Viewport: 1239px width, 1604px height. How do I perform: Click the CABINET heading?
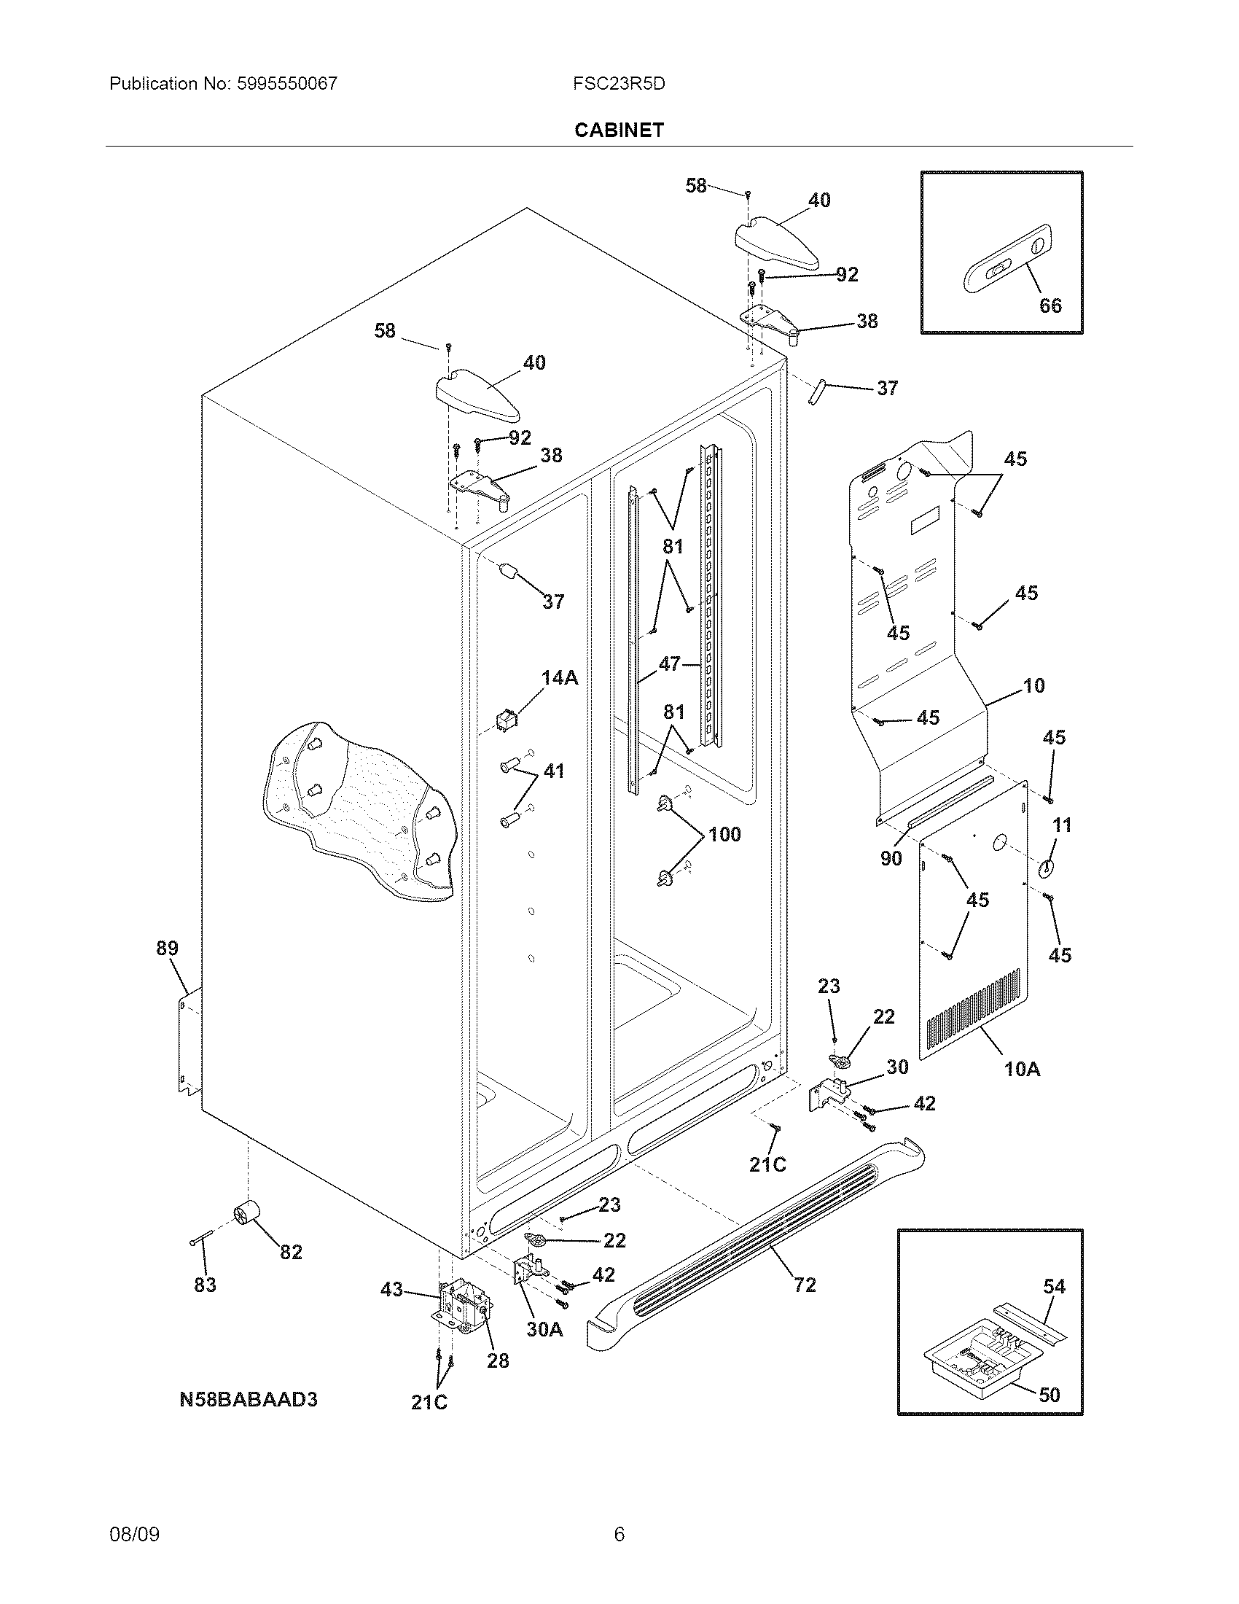click(619, 130)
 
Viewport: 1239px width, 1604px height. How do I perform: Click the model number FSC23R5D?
click(619, 84)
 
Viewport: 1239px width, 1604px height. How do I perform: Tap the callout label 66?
click(1050, 305)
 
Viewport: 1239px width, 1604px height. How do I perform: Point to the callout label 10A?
click(1022, 1070)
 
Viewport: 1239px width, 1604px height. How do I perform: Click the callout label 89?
click(168, 948)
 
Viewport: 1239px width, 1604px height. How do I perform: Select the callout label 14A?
click(559, 678)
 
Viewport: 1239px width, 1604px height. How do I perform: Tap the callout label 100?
click(724, 834)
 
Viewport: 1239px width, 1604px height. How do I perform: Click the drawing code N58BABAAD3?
click(248, 1399)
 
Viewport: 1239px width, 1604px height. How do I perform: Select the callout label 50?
click(1050, 1395)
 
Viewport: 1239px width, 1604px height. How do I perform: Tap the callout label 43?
click(392, 1289)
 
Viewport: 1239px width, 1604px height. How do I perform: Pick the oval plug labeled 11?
click(1045, 868)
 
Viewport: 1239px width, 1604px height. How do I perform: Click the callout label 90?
click(891, 859)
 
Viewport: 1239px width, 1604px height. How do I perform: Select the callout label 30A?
click(544, 1330)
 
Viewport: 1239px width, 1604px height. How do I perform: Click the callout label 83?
click(205, 1285)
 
